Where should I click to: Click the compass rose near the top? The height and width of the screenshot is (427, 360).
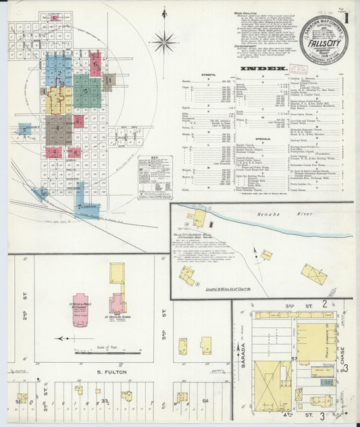coord(163,41)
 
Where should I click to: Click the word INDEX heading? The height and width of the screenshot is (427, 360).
coord(269,70)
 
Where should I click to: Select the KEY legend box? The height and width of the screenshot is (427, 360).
coord(155,178)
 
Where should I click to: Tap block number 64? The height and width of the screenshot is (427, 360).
coord(205,401)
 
